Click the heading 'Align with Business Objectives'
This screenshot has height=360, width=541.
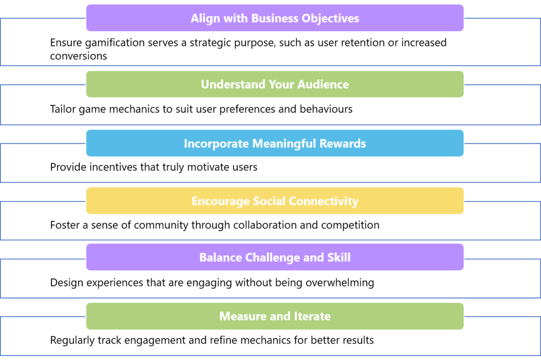(275, 18)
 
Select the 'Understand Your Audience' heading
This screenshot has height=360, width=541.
(275, 84)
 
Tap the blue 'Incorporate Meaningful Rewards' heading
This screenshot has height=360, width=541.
(275, 143)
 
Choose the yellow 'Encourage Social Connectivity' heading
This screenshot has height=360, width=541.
(275, 201)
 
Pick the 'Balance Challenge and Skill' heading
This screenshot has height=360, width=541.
(275, 257)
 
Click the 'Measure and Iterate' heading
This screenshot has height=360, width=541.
(275, 316)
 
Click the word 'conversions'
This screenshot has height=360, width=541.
(78, 56)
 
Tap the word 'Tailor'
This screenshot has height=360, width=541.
(63, 109)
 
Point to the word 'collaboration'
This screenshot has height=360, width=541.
(265, 225)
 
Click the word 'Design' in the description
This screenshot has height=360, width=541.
(67, 283)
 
